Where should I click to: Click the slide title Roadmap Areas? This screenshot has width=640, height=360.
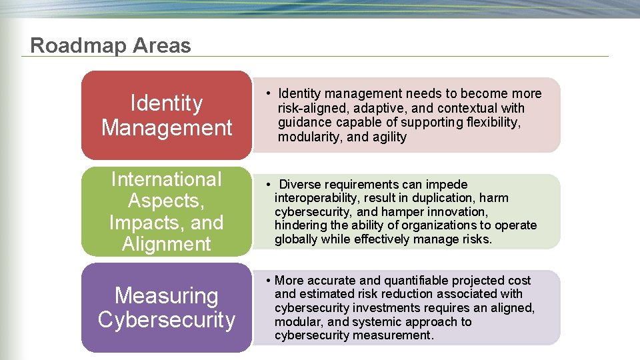click(111, 45)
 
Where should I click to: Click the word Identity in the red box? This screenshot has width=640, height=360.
click(166, 103)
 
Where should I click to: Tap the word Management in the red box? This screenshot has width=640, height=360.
click(166, 127)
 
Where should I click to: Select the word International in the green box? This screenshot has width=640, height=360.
click(166, 179)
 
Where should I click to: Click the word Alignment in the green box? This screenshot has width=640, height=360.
click(166, 243)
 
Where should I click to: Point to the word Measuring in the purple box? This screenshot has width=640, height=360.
click(166, 295)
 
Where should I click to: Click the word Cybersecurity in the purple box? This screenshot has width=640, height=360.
click(166, 319)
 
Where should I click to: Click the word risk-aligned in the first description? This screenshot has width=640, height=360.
click(311, 108)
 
